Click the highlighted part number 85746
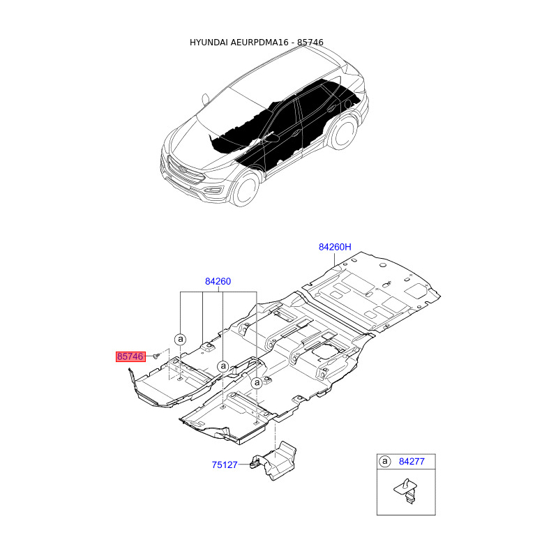click(x=130, y=356)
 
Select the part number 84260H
click(x=335, y=247)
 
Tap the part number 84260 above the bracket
click(x=218, y=282)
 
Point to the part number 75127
click(x=224, y=465)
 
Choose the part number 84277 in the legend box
click(x=412, y=462)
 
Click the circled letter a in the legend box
click(x=385, y=462)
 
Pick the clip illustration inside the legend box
click(x=407, y=491)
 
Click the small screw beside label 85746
click(x=156, y=356)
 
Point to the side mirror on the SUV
click(x=206, y=99)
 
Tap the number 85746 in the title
click(x=310, y=43)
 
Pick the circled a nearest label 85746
click(x=181, y=339)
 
